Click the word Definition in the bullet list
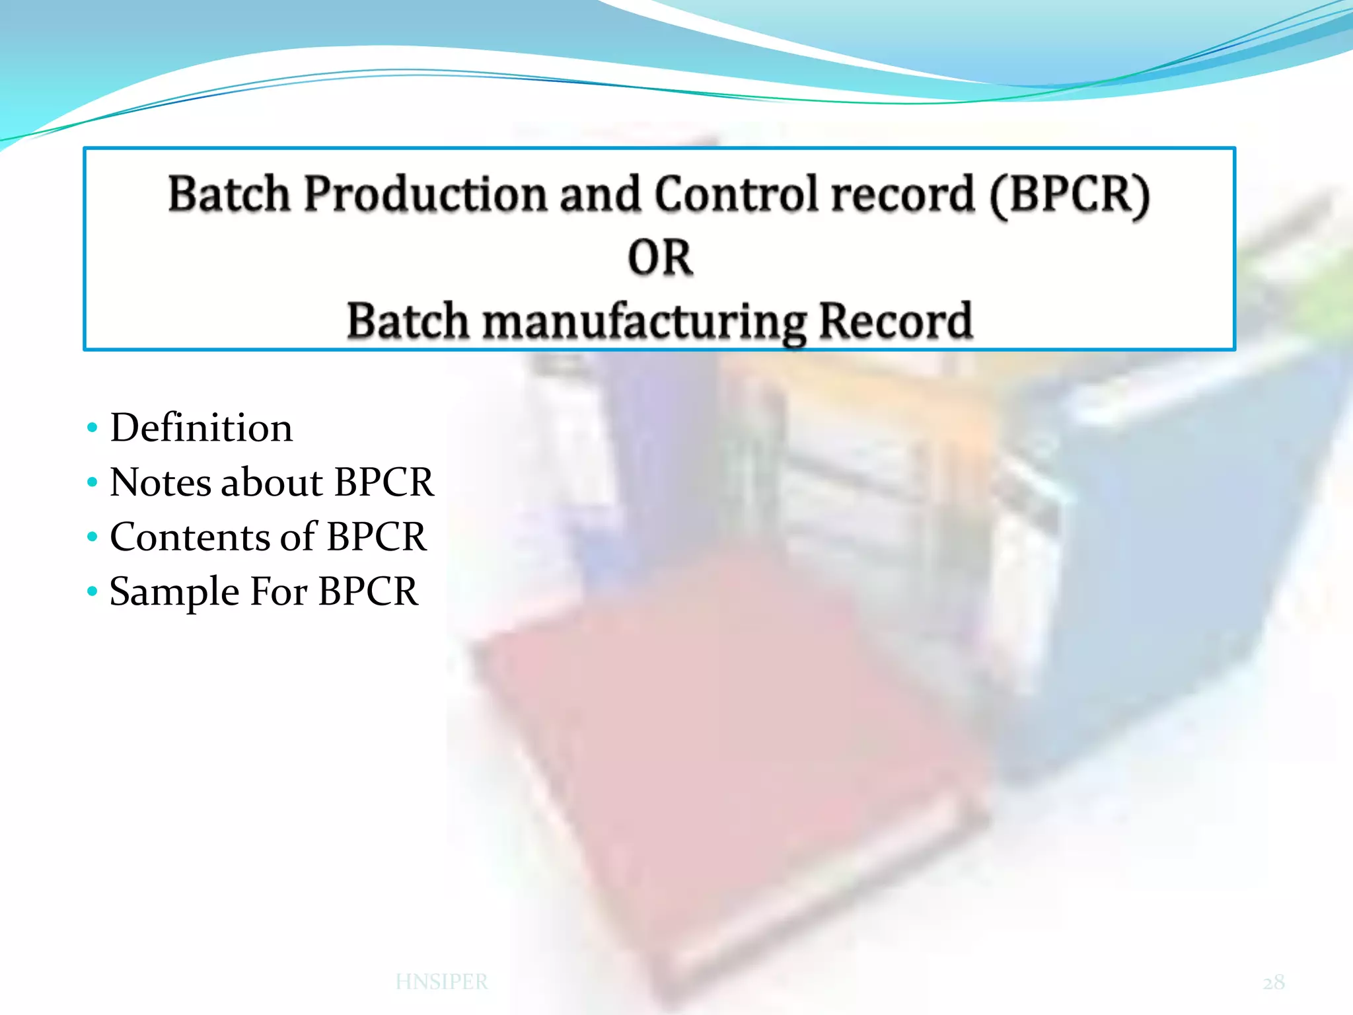tap(201, 428)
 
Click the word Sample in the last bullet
tap(174, 592)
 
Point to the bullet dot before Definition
tap(92, 428)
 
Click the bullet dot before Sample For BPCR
tap(92, 590)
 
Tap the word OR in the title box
tap(659, 258)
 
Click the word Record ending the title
tap(895, 321)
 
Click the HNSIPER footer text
tap(441, 982)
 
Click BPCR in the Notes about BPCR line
tap(384, 482)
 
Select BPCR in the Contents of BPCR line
tap(377, 537)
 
